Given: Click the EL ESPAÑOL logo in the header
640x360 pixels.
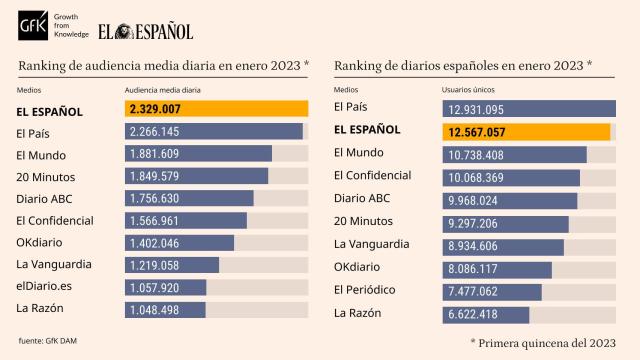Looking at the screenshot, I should [145, 31].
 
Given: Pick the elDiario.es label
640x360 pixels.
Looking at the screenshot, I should [44, 286].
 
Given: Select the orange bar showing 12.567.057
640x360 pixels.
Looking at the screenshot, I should [526, 132].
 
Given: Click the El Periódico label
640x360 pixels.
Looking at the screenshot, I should [364, 290].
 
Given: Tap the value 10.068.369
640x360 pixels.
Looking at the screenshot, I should [476, 178].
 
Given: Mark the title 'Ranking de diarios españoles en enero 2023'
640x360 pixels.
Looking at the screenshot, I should [463, 65].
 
